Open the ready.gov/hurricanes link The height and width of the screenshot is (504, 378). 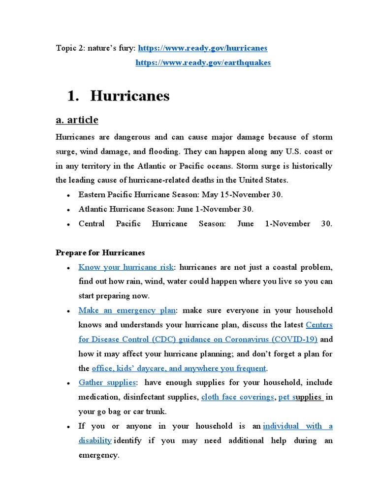point(202,48)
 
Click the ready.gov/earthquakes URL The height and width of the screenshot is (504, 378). point(203,63)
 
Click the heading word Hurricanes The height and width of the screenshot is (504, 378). point(130,96)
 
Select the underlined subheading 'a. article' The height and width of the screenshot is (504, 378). point(77,120)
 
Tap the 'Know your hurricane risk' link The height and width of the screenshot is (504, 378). point(126,267)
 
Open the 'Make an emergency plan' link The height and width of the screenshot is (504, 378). point(127,311)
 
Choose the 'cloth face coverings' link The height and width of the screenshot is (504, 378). point(237,397)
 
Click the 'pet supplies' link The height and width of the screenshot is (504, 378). point(300,397)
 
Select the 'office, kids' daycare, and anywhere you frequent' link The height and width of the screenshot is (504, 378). point(179,368)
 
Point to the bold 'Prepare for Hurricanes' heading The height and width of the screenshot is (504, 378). point(100,253)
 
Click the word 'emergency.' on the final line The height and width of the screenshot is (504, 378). point(99,455)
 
